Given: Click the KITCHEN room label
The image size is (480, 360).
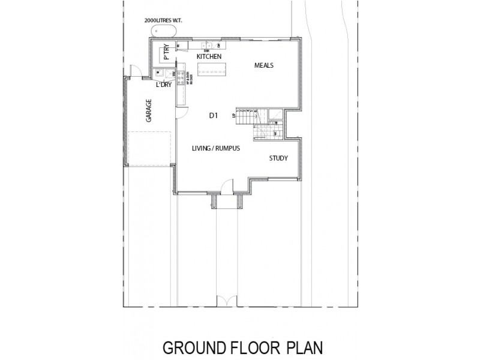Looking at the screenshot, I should [x=209, y=56].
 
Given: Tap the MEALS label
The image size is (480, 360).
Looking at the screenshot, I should [x=264, y=65].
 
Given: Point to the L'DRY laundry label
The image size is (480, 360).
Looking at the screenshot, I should [x=164, y=86].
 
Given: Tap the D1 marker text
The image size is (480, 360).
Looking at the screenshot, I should [x=213, y=116].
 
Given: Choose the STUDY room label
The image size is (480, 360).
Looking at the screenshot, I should [x=278, y=158].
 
